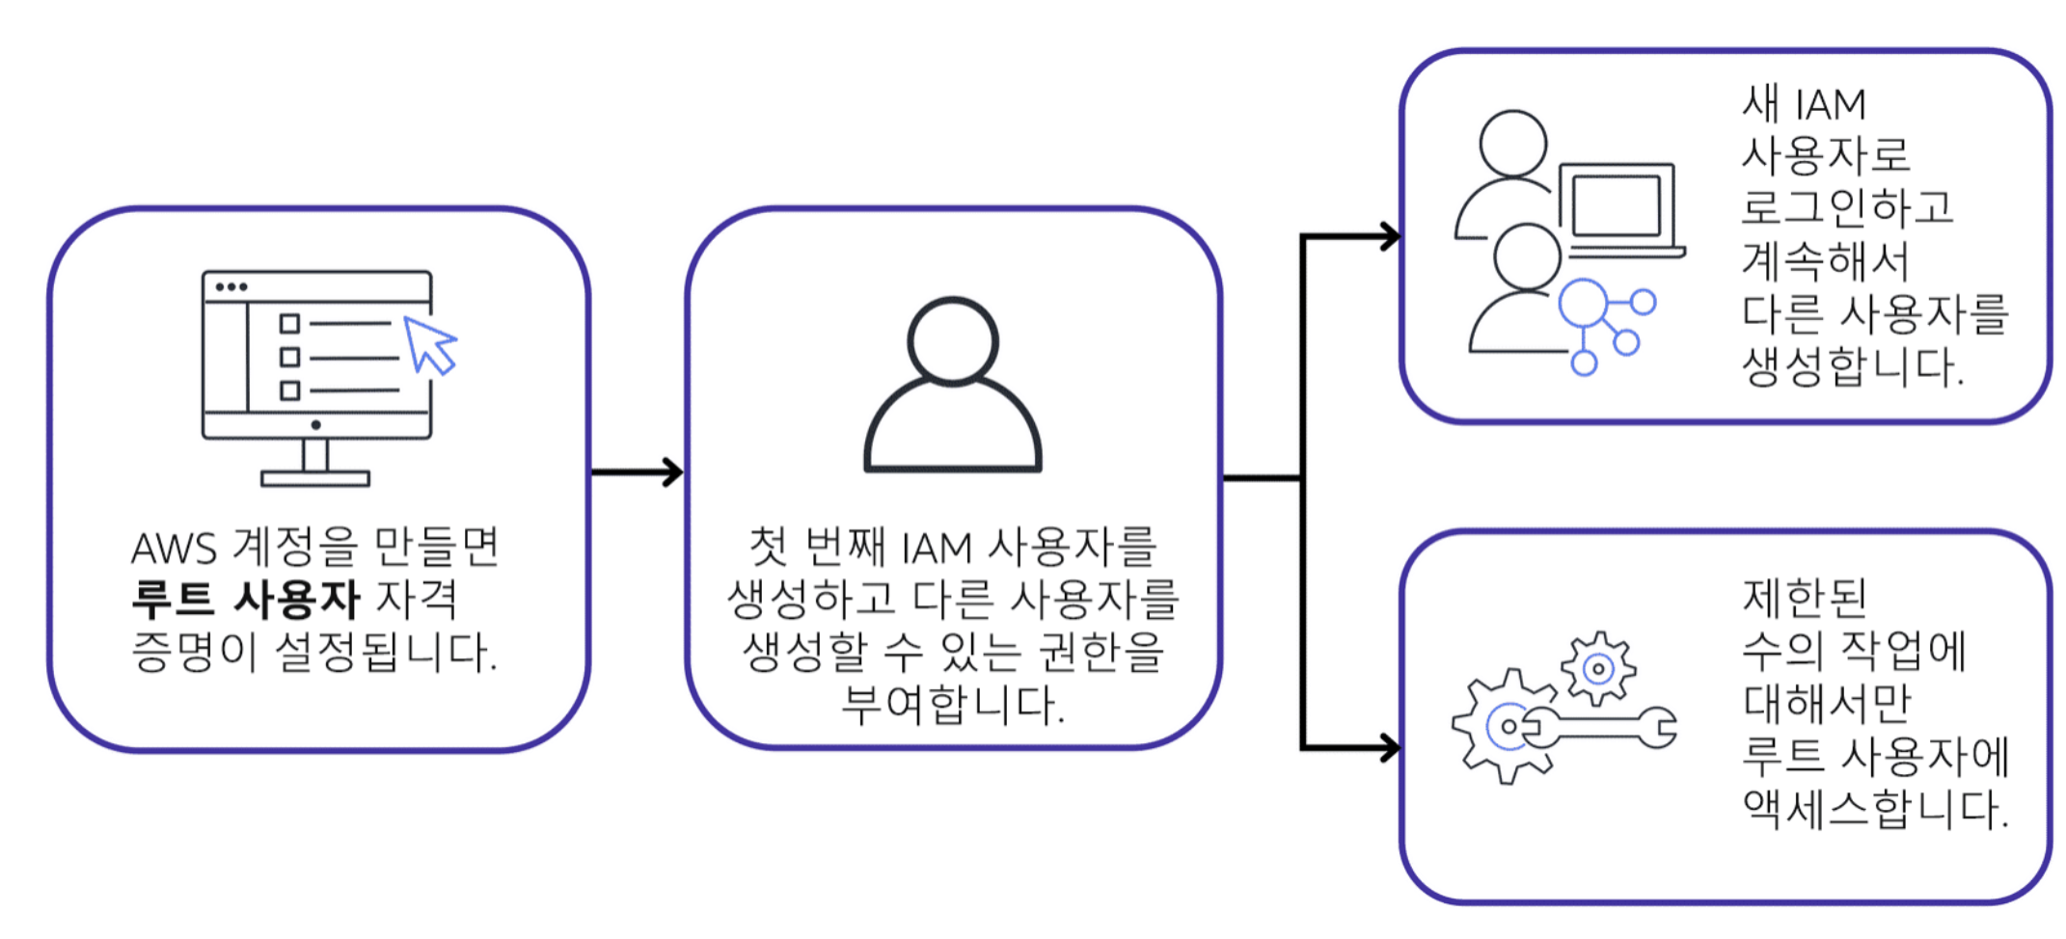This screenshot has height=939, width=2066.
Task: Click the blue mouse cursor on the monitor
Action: [428, 344]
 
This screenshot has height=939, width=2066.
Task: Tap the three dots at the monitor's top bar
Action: [231, 287]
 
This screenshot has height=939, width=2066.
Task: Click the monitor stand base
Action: [315, 478]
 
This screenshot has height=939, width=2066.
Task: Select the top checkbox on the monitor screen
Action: [289, 323]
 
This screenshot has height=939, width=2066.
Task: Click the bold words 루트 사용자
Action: [246, 600]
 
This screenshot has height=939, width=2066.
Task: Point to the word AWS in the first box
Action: [175, 549]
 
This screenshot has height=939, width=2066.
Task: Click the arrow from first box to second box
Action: [637, 472]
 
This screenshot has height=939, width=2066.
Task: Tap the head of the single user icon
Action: [953, 339]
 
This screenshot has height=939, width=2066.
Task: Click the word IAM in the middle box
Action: [937, 549]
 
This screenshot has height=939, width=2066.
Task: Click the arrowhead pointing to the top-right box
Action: [1389, 236]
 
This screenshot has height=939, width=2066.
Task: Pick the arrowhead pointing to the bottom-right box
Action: [1389, 747]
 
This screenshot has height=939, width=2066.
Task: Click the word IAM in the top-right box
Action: [1831, 104]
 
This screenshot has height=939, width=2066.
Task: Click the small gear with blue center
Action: [1598, 668]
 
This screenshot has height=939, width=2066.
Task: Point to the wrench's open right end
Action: [1661, 728]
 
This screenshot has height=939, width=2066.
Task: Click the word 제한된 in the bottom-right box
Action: [1805, 598]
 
